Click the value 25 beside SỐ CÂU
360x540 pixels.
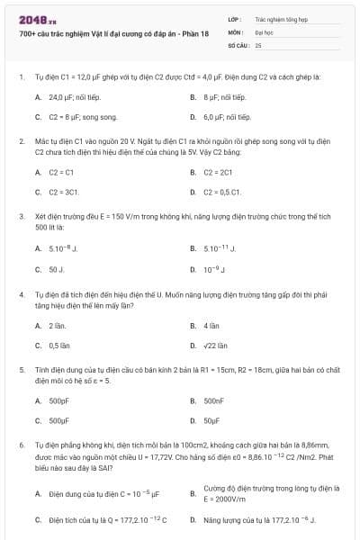point(258,43)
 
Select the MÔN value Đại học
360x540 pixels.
point(263,31)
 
